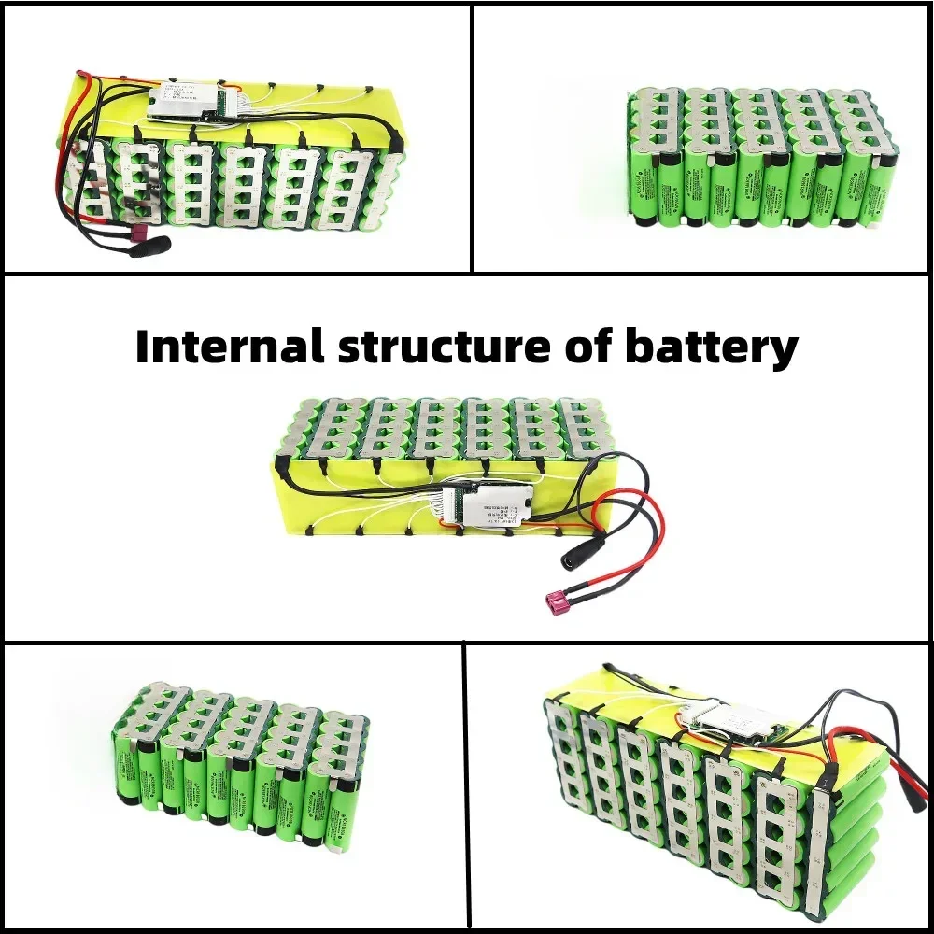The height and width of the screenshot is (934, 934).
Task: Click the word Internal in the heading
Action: (228, 347)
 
